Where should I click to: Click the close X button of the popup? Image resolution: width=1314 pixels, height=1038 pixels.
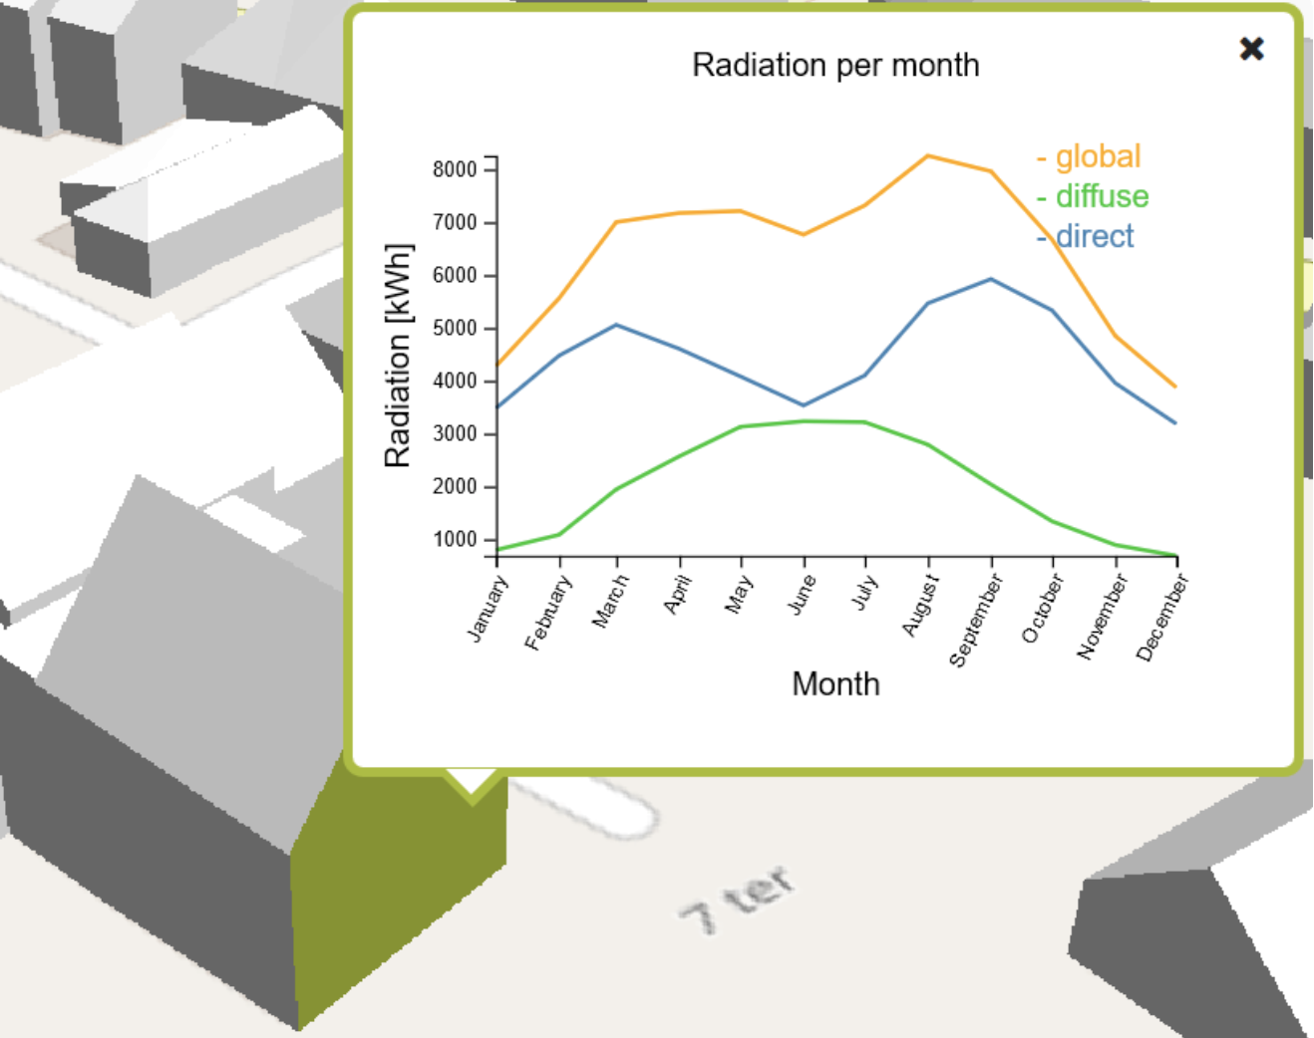1251,49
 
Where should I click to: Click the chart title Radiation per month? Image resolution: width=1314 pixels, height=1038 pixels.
835,66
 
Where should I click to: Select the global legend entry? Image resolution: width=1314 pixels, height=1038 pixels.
1089,156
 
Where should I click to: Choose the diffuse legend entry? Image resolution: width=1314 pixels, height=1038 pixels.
1093,196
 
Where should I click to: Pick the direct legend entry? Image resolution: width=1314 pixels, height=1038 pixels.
1085,236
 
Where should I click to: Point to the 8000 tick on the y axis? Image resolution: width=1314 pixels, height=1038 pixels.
455,169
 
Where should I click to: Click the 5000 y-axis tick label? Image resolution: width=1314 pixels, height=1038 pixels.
455,329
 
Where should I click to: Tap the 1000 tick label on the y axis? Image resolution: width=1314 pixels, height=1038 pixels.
455,540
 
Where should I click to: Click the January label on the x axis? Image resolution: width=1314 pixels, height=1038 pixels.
488,609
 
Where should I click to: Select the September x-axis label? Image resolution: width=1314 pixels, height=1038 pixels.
975,620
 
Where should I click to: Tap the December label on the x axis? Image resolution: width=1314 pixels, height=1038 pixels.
1161,617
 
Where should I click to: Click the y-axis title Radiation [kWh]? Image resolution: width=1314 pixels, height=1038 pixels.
398,356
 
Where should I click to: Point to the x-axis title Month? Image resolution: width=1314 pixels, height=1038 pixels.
835,684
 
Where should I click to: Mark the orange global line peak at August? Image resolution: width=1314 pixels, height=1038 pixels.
928,156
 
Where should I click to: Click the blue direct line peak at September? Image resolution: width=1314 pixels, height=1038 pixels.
991,280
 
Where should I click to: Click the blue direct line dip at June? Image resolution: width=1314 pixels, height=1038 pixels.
804,405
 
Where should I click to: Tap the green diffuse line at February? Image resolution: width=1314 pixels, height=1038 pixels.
559,535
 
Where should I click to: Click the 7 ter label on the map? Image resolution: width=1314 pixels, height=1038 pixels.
738,899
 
